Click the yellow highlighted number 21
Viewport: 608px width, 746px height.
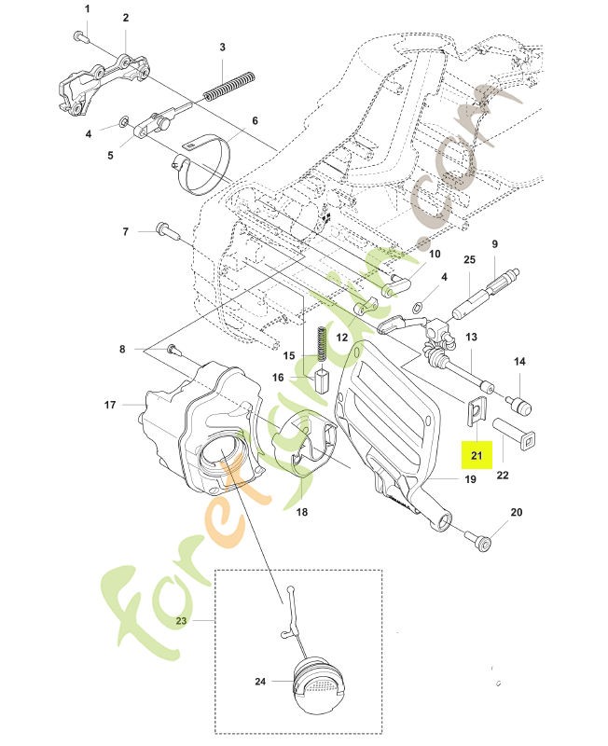click(477, 455)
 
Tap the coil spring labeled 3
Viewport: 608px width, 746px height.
click(229, 86)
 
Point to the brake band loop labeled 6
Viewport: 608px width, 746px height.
click(201, 166)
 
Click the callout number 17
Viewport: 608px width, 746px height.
click(110, 405)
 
